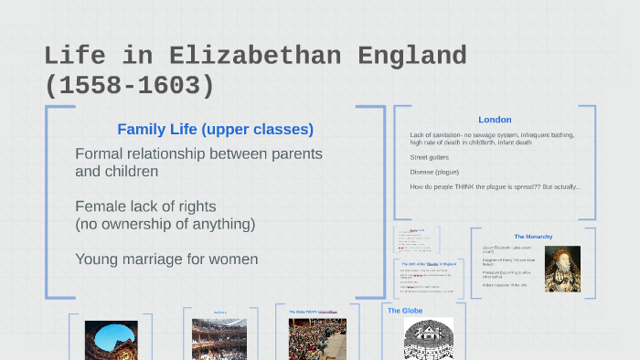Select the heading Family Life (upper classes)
215,129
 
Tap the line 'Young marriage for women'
166,259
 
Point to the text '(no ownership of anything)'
165,223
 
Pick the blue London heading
495,120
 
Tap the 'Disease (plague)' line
434,172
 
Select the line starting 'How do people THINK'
495,187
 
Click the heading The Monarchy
533,237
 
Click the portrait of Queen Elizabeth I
562,269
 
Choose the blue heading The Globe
405,311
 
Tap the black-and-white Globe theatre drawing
429,339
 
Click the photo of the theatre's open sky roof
112,340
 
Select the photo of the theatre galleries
219,339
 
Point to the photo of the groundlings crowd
317,339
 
